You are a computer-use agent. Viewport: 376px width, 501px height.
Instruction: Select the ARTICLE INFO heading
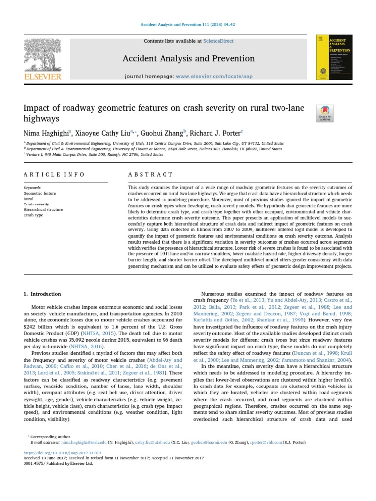click(x=54, y=174)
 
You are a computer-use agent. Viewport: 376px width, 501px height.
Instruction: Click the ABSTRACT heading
click(x=150, y=174)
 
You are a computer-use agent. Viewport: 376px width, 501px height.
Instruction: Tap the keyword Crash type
click(x=33, y=215)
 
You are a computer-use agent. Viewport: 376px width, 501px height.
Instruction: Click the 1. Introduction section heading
click(x=43, y=294)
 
